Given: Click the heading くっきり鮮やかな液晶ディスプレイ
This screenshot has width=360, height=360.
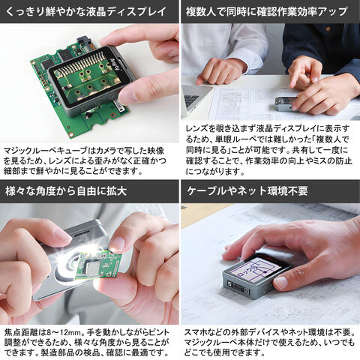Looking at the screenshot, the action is [x=85, y=11].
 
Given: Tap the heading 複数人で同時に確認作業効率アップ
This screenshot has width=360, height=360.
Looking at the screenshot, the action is [x=266, y=11].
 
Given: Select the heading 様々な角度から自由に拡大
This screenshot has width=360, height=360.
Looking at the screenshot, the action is [x=66, y=191].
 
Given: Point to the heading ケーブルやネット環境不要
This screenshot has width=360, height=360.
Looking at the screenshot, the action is [x=247, y=191].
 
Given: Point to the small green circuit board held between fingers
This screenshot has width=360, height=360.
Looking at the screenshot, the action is [x=99, y=265].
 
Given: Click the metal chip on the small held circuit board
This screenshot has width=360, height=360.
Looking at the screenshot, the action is [x=94, y=268].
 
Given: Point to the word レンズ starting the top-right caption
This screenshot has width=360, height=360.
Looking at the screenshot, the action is [x=197, y=128].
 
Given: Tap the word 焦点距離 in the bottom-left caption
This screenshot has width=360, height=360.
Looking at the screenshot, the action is [x=21, y=333].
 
